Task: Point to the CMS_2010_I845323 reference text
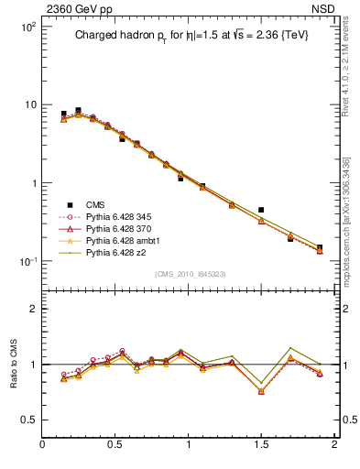coord(190,274)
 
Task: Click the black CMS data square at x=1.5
coord(261,210)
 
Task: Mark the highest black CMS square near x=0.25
coord(78,110)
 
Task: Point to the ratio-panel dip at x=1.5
coord(261,391)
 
